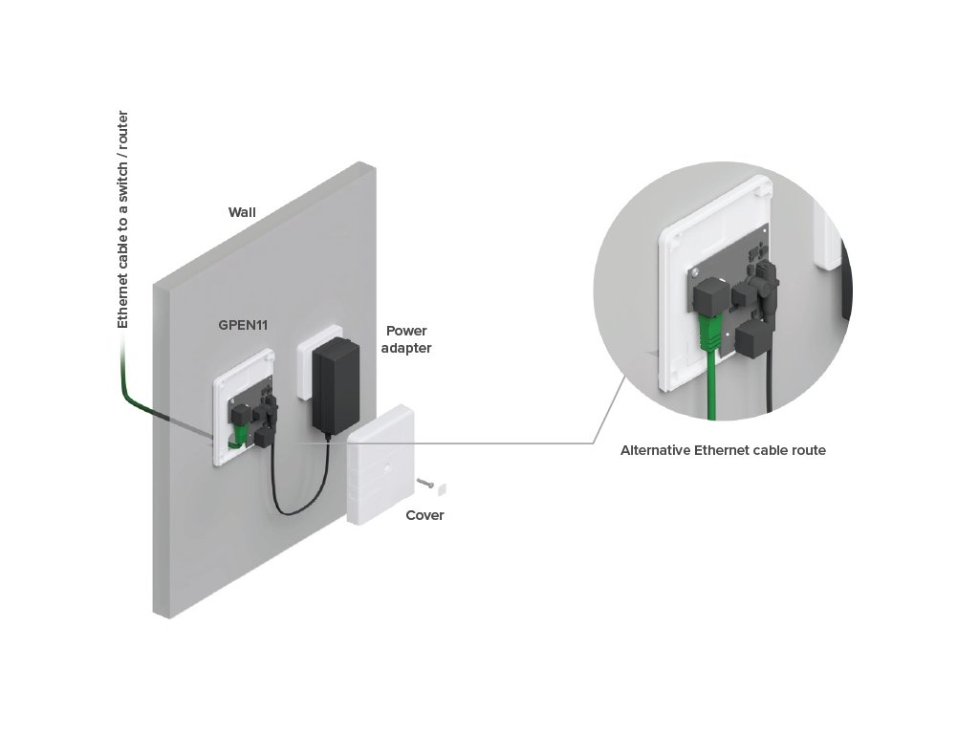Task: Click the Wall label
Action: click(x=242, y=212)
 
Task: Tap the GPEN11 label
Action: click(x=243, y=325)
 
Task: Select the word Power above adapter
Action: click(x=406, y=331)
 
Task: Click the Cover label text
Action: click(x=424, y=515)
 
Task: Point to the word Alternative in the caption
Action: click(x=655, y=450)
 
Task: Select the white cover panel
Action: click(x=380, y=464)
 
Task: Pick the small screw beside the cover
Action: click(x=425, y=482)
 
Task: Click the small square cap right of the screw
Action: click(x=442, y=488)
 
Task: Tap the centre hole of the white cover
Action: click(x=387, y=465)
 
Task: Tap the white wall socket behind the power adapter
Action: click(x=319, y=362)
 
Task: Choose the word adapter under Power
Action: click(x=406, y=348)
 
